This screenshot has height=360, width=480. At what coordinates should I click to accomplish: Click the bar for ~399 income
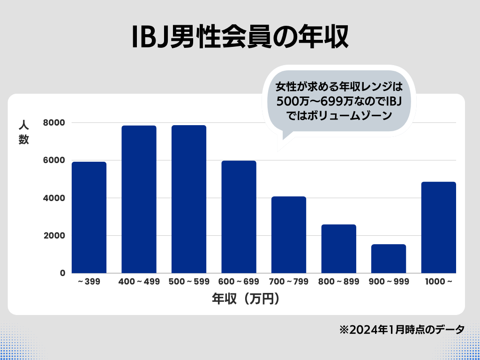pos(89,217)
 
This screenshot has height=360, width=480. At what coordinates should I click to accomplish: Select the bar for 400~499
pos(139,199)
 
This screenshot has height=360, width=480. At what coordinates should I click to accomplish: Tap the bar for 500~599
pos(189,199)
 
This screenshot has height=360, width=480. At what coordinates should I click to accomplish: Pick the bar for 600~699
pos(239,217)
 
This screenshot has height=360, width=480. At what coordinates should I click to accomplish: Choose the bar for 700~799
pos(289,235)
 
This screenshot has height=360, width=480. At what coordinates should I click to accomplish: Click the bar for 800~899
pos(338,249)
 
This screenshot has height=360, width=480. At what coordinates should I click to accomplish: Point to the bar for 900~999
pos(389,259)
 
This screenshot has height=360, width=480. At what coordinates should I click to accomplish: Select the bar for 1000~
pos(438,227)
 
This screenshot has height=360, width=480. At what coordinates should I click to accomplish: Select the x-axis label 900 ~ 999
pos(389,282)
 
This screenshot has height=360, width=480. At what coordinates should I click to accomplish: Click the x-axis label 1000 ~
pos(438,282)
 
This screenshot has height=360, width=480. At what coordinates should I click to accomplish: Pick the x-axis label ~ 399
pos(89,282)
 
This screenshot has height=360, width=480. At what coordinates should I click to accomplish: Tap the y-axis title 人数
pos(24,133)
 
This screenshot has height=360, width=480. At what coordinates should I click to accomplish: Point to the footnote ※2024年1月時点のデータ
pos(402,329)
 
